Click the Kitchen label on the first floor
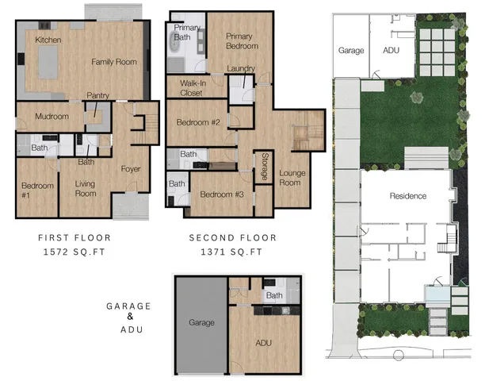pyautogui.click(x=48, y=40)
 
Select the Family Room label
pyautogui.click(x=113, y=62)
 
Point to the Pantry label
pyautogui.click(x=97, y=95)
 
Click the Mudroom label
pyautogui.click(x=52, y=117)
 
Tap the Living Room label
pyautogui.click(x=85, y=189)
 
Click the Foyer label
pyautogui.click(x=130, y=168)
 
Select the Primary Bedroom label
pyautogui.click(x=239, y=41)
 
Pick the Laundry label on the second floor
pyautogui.click(x=240, y=68)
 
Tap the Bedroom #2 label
pyautogui.click(x=197, y=122)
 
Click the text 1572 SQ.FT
pyautogui.click(x=74, y=251)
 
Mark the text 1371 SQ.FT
pyautogui.click(x=232, y=251)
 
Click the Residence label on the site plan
pyautogui.click(x=408, y=196)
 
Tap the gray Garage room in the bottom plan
pyautogui.click(x=201, y=323)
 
